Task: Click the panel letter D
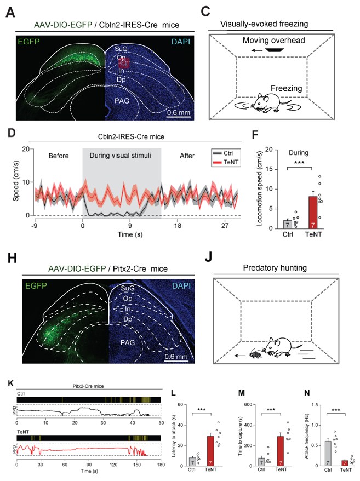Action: click(10, 133)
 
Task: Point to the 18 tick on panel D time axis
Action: click(178, 224)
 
